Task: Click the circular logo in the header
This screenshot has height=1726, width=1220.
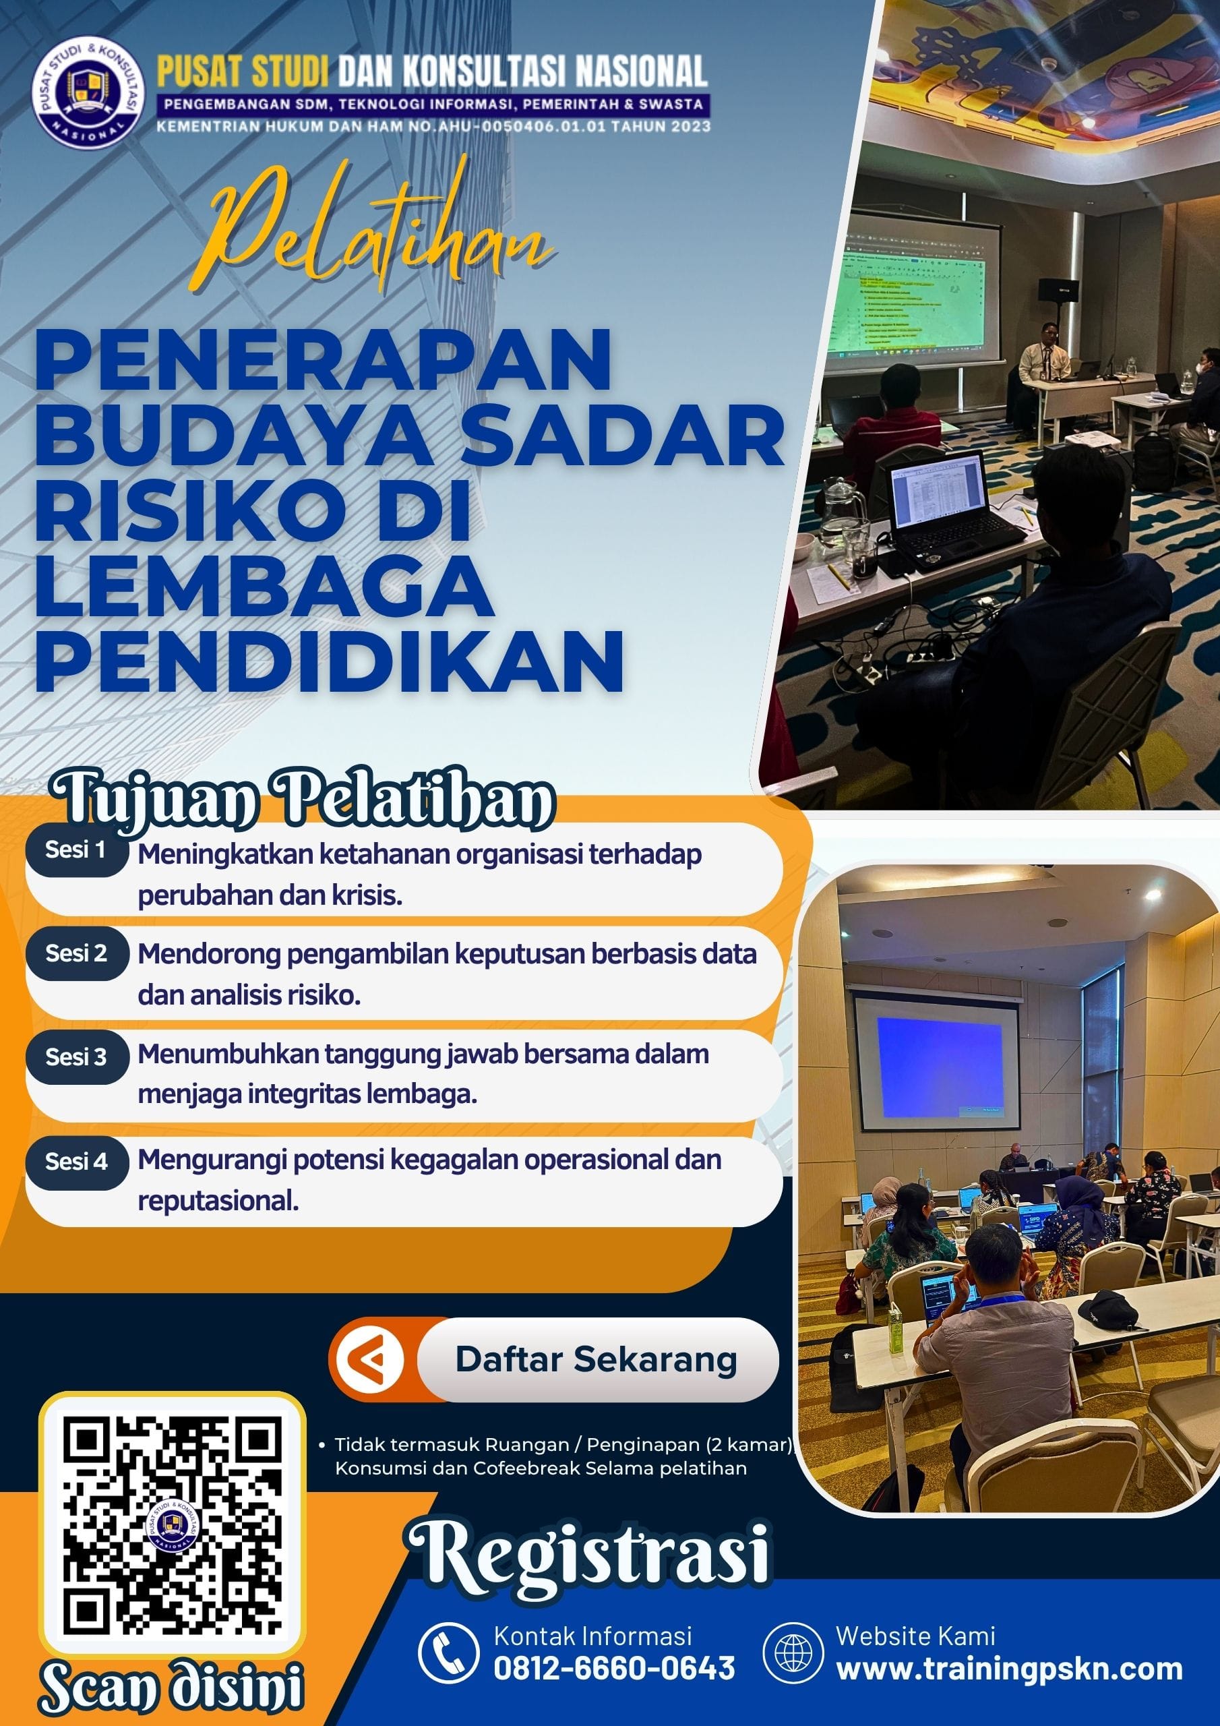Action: point(90,98)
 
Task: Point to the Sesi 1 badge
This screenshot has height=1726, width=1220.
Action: point(76,851)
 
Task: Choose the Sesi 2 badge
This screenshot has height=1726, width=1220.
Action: point(76,954)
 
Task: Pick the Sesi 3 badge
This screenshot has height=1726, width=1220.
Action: point(76,1058)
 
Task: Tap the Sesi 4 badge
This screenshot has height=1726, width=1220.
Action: point(76,1162)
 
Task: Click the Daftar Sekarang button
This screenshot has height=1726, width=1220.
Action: point(596,1360)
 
